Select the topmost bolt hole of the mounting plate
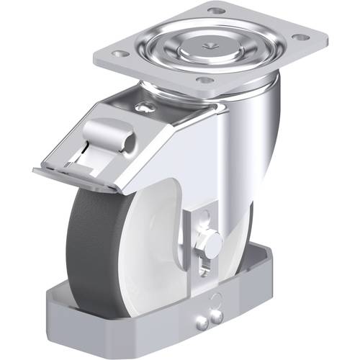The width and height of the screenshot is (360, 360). (x=215, y=11)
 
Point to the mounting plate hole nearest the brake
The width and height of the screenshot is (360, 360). (x=204, y=80)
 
